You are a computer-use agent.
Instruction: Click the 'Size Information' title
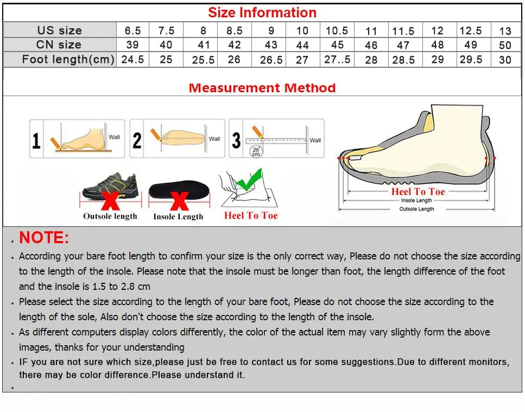tap(262, 12)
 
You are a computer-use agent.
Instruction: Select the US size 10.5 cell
tap(337, 30)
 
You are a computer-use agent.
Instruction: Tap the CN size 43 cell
tap(270, 45)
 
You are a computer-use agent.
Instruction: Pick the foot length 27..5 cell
tap(337, 59)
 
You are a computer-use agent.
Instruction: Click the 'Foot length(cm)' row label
tap(68, 59)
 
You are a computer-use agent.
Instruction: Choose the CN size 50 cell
tap(505, 46)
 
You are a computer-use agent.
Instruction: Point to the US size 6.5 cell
tap(132, 30)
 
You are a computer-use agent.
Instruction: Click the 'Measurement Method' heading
tap(262, 88)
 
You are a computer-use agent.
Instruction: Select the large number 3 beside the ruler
tap(236, 141)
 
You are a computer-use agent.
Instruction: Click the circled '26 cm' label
tap(255, 151)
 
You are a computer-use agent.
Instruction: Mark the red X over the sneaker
tap(111, 199)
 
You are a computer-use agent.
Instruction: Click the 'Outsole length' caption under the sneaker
tap(110, 216)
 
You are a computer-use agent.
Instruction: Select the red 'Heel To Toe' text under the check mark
tap(251, 215)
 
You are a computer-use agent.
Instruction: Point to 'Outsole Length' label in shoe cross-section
tap(416, 209)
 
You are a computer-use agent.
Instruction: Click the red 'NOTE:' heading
tap(44, 238)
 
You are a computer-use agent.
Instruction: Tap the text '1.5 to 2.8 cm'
tap(116, 286)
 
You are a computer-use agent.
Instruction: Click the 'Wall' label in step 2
tap(214, 139)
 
